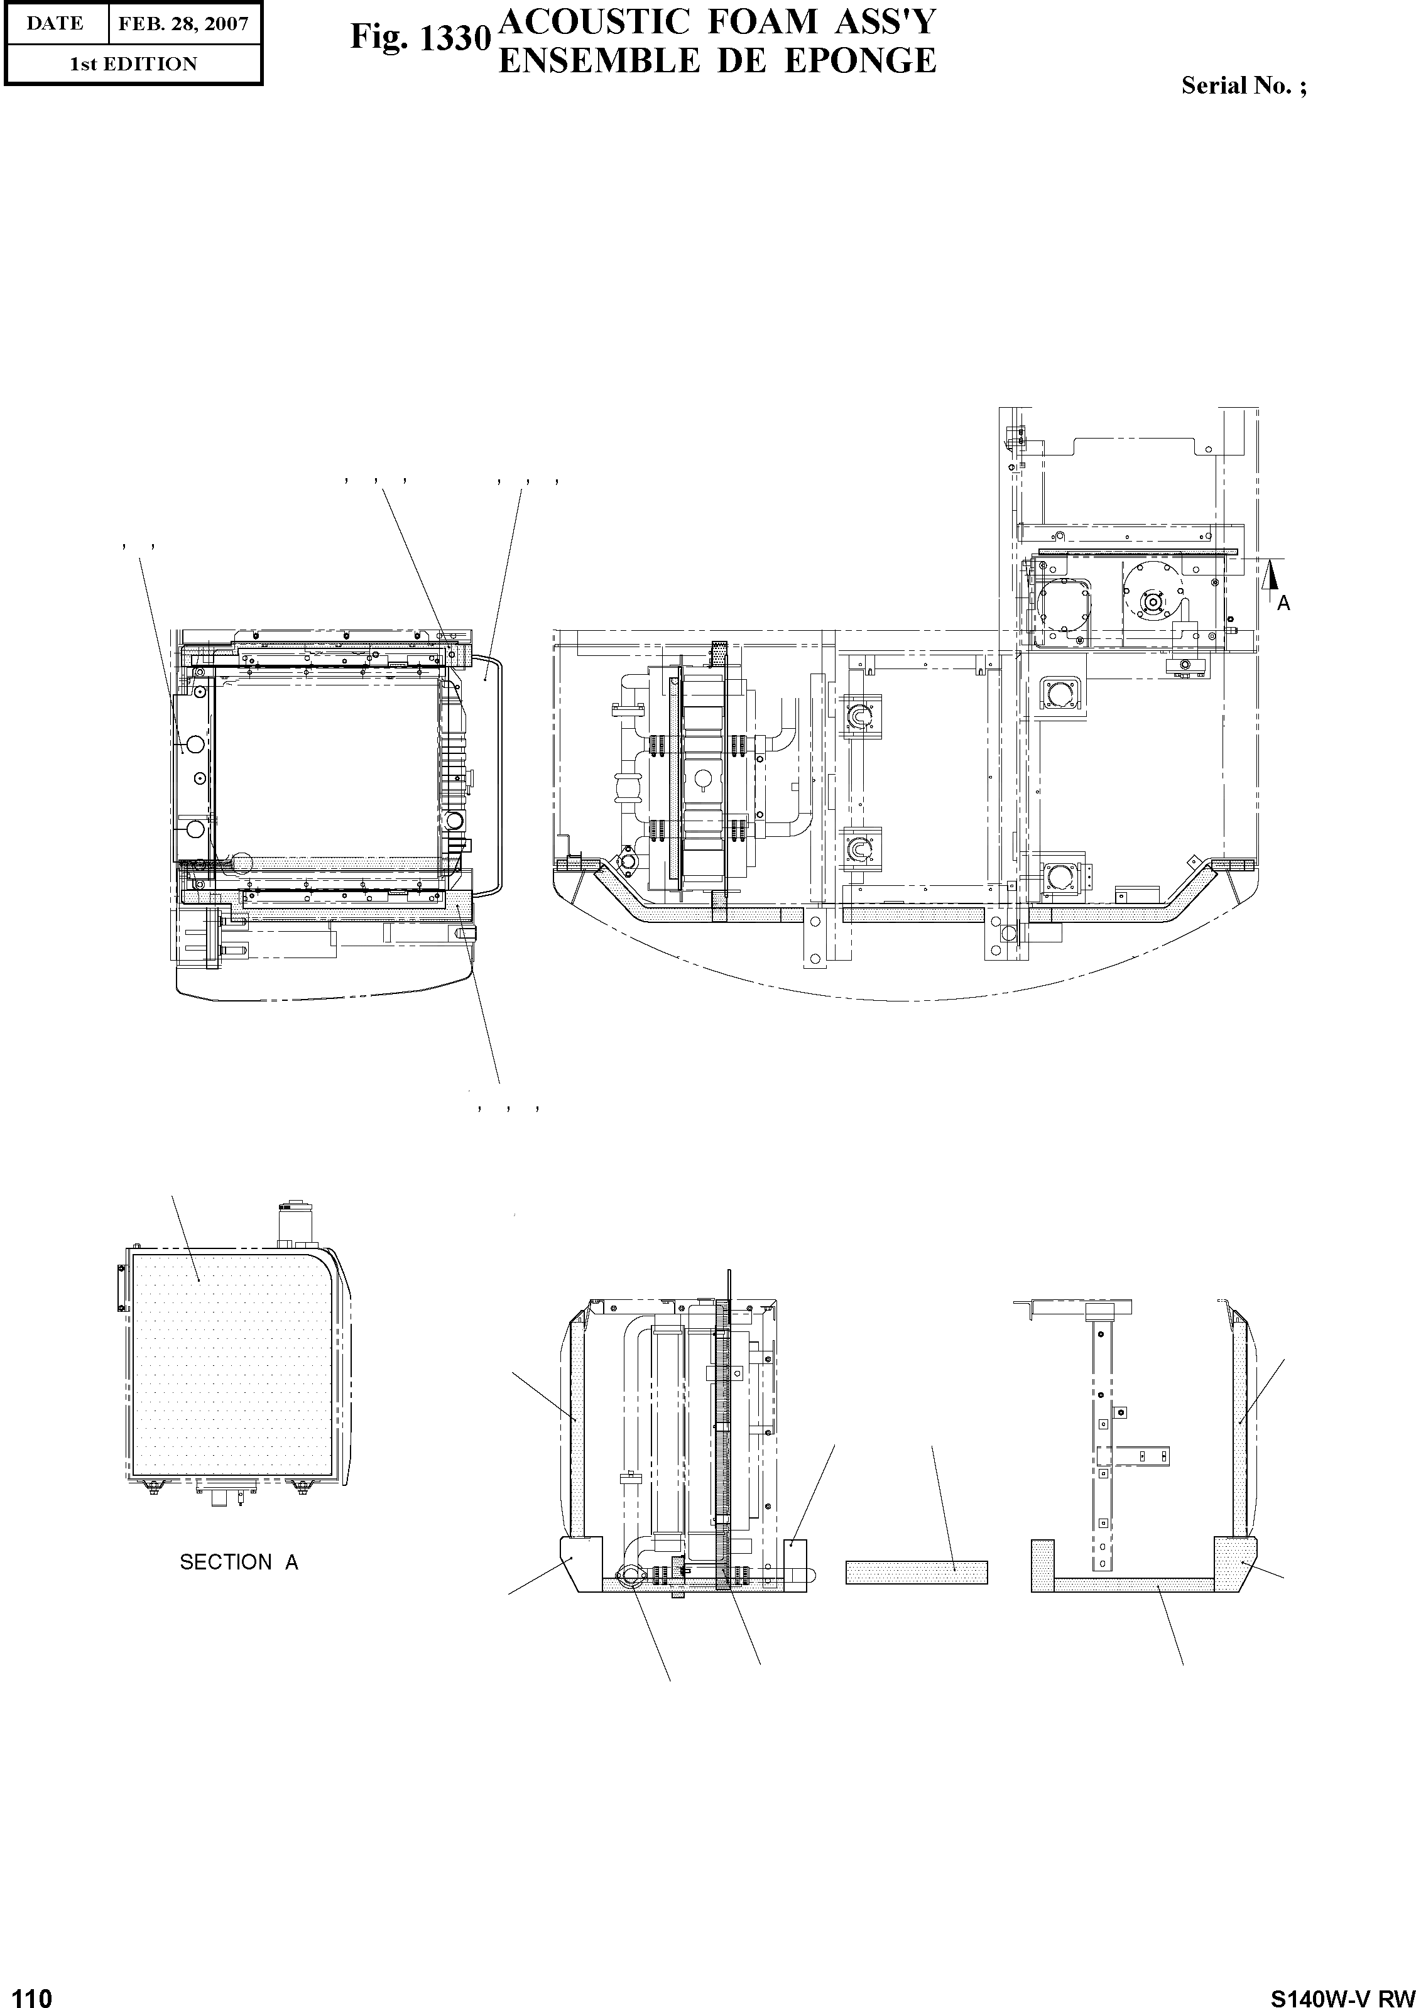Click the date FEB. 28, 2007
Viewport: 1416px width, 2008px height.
coord(183,24)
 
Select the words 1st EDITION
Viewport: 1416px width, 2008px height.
coord(133,64)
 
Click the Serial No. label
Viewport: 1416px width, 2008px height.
coord(1244,85)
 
